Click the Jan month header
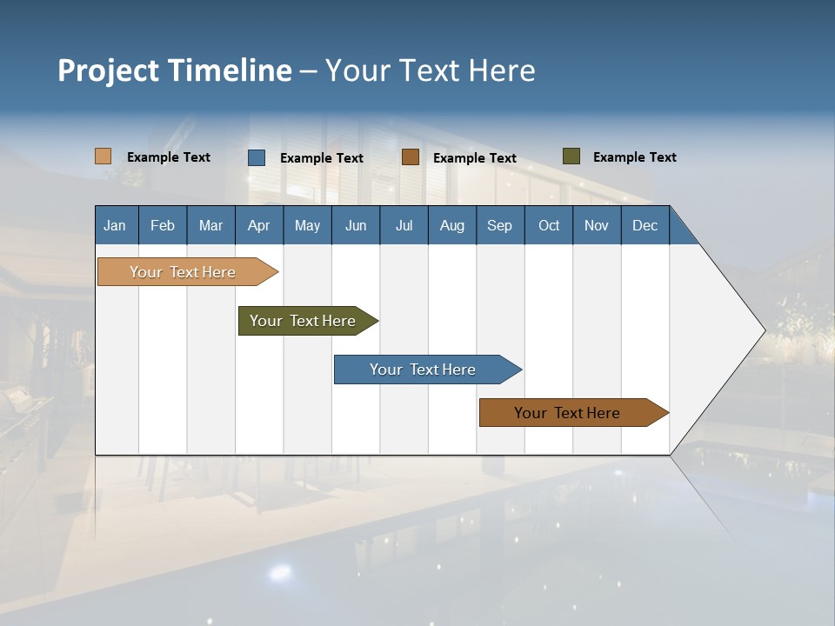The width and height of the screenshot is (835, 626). point(116,225)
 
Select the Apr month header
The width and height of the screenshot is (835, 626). point(259,225)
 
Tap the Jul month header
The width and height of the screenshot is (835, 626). point(404,225)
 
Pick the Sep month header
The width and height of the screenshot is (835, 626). point(500,225)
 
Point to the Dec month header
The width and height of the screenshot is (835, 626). point(645,225)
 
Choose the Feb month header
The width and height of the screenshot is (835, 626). point(163,225)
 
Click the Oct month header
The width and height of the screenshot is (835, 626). point(549,225)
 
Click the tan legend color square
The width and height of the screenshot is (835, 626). point(104,156)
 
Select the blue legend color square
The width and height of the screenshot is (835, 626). point(257,157)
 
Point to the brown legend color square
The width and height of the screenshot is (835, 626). point(411,157)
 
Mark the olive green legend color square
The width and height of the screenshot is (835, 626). point(571,156)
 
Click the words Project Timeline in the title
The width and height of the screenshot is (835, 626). point(175,70)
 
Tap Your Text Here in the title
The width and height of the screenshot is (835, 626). point(431,70)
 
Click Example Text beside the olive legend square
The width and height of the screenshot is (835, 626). point(634,157)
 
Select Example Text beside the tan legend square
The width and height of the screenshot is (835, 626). point(169,157)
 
